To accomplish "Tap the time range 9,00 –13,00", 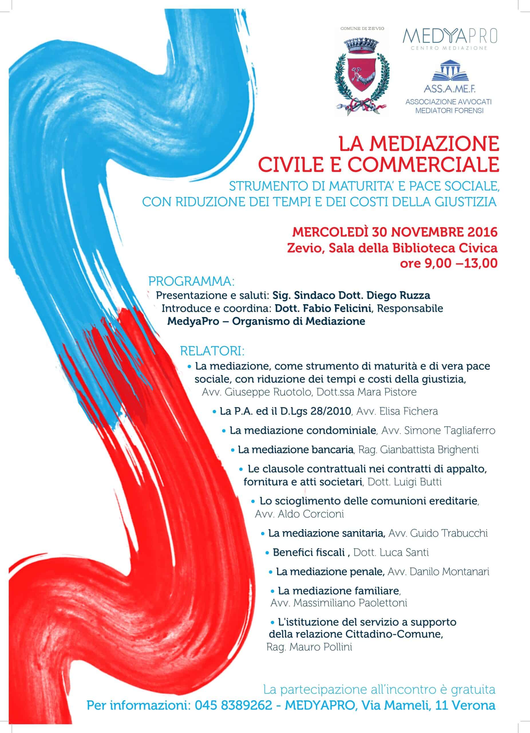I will [449, 264].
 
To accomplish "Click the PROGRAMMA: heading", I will [191, 281].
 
